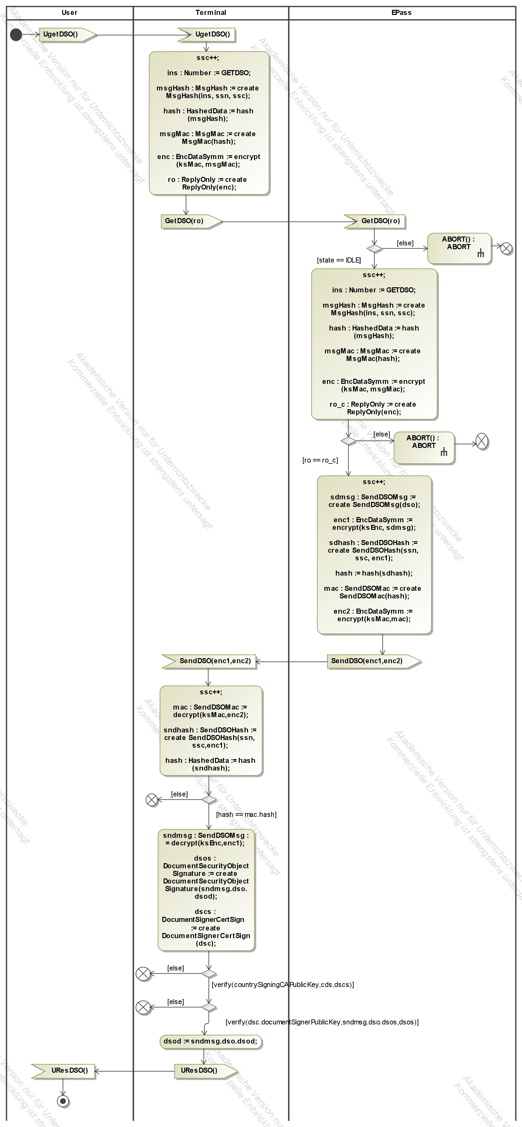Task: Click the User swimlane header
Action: coord(69,13)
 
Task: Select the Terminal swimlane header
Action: coord(211,13)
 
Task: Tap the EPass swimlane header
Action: coord(401,13)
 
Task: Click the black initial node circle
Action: coord(16,35)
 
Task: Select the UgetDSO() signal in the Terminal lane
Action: coord(207,35)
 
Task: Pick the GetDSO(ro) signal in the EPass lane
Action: coord(375,221)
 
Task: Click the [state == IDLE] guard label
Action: coord(339,260)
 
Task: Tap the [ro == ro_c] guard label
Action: coord(320,460)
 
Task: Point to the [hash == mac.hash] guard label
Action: coord(246,814)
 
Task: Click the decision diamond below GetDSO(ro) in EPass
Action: coord(374,249)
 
